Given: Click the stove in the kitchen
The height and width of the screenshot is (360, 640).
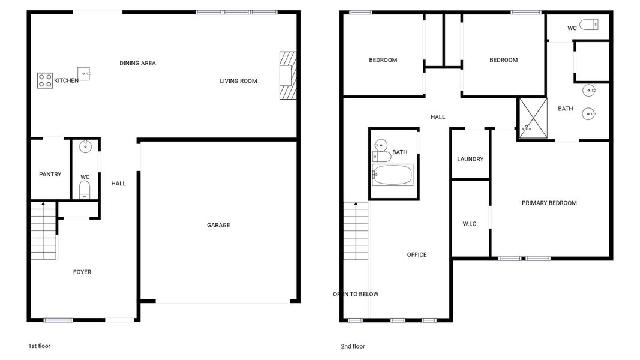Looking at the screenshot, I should tap(45, 80).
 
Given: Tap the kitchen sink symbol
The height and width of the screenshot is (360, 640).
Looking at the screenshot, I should tap(83, 73).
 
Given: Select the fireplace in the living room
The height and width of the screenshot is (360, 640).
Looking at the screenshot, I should tap(287, 75).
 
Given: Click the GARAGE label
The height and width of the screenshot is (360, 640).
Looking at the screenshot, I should tap(218, 226).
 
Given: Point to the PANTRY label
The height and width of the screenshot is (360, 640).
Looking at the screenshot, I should tap(50, 175).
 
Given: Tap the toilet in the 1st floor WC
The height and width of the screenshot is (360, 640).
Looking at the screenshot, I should tap(85, 190).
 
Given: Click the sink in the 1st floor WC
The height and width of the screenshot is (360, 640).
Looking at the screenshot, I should tap(85, 146).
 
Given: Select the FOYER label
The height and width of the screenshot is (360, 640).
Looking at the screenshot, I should tap(82, 272).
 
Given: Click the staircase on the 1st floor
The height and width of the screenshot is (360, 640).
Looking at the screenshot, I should tap(43, 231).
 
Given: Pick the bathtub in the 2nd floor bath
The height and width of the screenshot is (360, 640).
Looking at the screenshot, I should tap(393, 175).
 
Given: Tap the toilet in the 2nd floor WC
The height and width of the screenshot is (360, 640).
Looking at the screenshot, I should tap(589, 25).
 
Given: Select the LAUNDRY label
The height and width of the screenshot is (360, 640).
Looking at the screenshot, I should tap(470, 160).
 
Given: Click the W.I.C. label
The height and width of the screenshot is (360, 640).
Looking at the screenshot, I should tap(470, 224).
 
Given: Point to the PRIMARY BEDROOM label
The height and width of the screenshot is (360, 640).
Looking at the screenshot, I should tap(549, 203).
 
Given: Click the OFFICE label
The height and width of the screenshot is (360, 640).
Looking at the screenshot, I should tap(417, 255).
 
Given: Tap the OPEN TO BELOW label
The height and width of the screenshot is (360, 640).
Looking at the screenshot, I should tap(356, 295).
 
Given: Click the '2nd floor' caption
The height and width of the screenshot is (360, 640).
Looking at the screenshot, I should tap(352, 346).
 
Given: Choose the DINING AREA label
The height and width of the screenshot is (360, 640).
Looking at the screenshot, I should tap(137, 63).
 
